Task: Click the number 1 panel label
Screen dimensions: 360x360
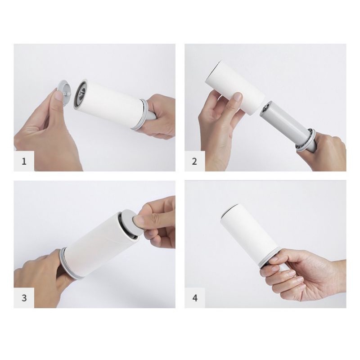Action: coord(24,161)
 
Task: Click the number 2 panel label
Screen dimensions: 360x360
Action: coord(195,161)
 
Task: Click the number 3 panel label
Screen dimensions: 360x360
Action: coord(24,297)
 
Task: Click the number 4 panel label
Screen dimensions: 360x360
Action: coord(195,297)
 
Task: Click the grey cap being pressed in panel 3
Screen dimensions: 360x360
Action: coord(128,220)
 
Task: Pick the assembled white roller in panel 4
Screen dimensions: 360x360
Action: coord(250,234)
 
